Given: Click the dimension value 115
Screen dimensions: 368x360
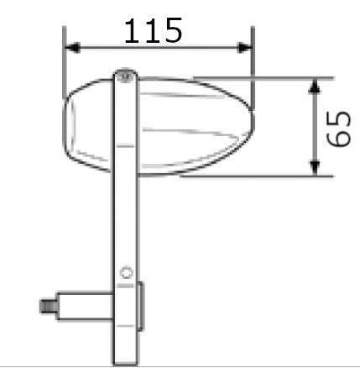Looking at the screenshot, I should click(153, 31).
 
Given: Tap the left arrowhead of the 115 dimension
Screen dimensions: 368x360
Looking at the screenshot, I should click(71, 48).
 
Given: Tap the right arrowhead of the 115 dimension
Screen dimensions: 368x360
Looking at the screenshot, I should click(245, 48).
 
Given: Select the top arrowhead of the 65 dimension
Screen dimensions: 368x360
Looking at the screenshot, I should click(314, 85).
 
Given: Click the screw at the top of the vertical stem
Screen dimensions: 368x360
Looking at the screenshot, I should click(124, 76).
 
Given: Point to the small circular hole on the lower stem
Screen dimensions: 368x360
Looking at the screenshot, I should click(126, 272).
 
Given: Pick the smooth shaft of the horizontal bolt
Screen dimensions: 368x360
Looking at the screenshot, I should click(84, 305).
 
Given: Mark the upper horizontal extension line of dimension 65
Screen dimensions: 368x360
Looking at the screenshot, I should click(277, 78).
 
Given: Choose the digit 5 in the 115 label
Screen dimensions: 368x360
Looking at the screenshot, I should click(171, 31).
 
